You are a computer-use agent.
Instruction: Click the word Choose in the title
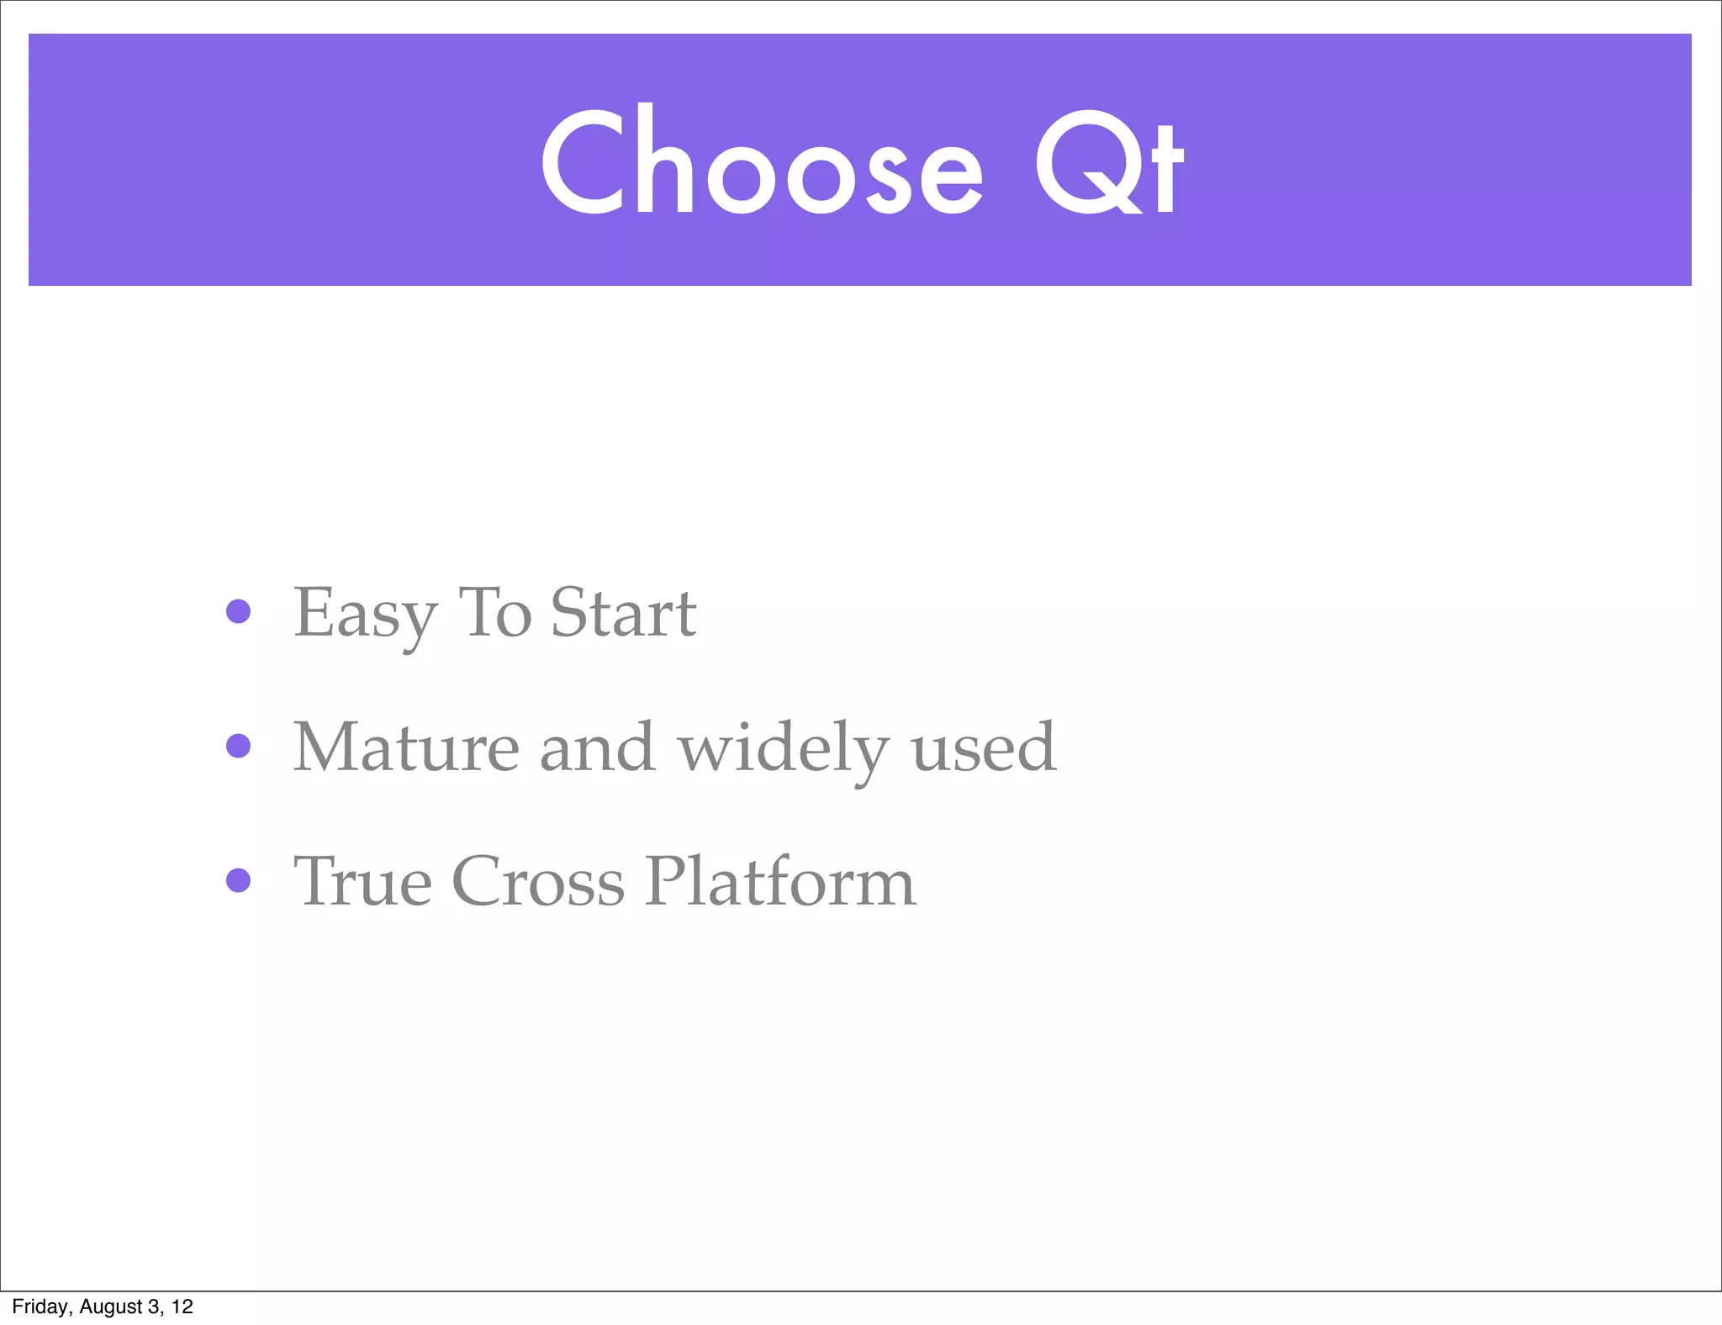(761, 161)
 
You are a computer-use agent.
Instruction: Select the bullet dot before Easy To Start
(239, 611)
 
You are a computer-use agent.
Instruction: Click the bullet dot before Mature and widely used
(239, 746)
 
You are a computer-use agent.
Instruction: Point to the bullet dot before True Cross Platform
(239, 880)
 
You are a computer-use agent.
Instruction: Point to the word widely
(783, 748)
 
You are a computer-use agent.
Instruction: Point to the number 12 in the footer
(182, 1307)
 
